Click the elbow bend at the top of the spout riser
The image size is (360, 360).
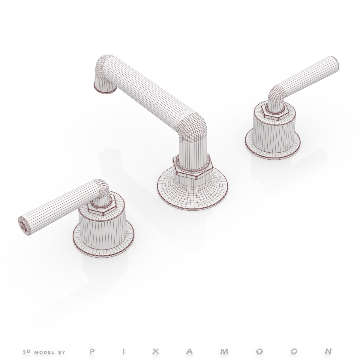click(190, 126)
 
